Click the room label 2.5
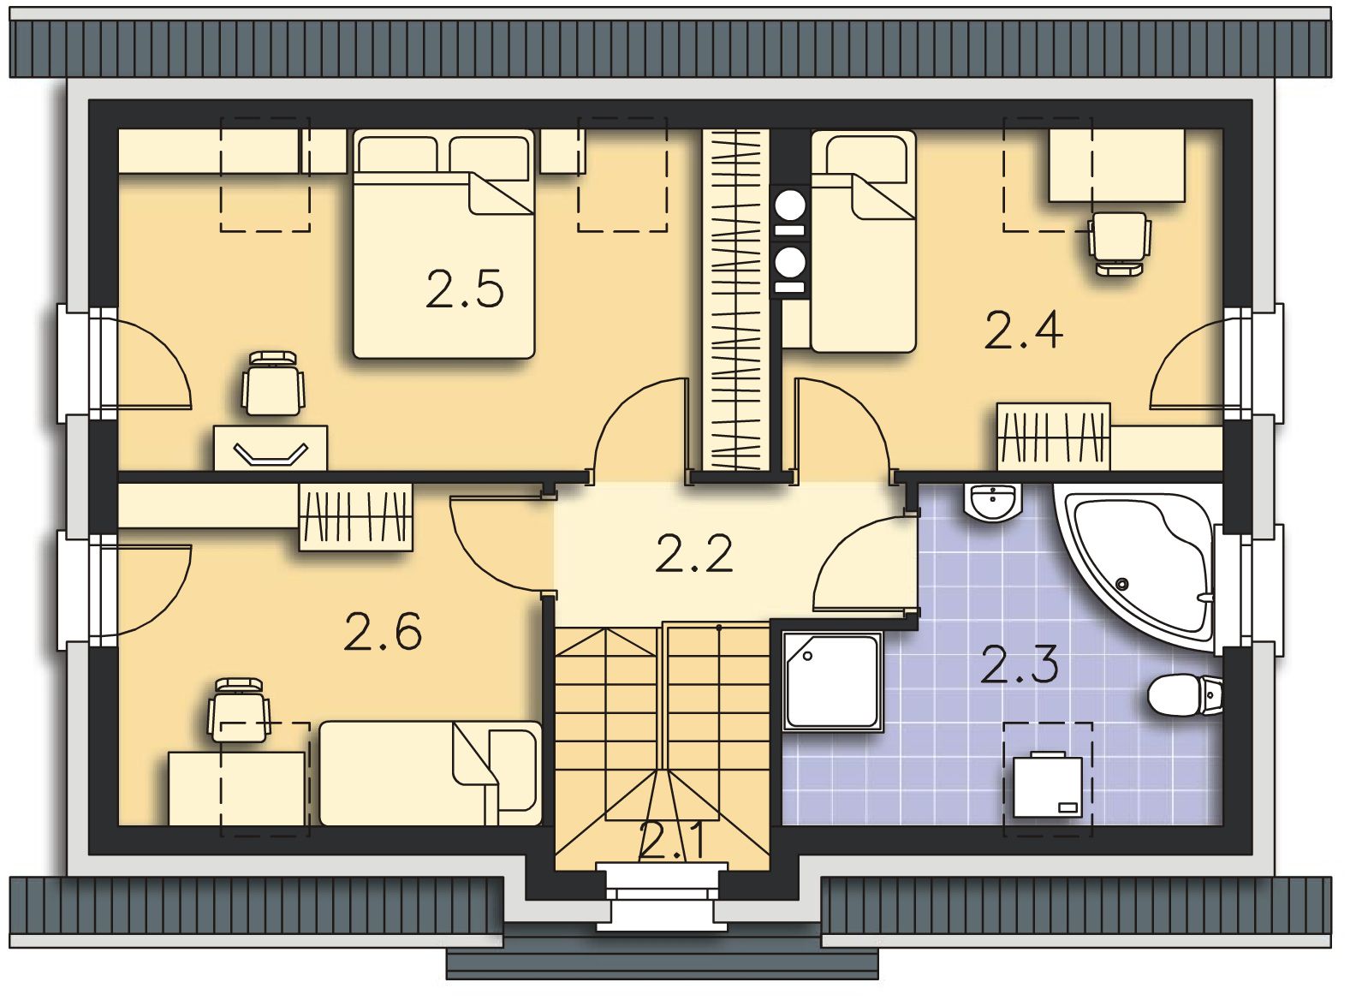[x=464, y=289]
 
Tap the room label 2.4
[x=1024, y=330]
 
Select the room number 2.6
[x=383, y=631]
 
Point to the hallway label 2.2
[x=694, y=553]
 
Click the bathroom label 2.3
[x=1020, y=664]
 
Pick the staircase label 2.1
[x=673, y=842]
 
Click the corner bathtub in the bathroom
[x=1138, y=566]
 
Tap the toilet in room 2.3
[x=1185, y=695]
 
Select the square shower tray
[x=833, y=682]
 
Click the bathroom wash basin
[x=993, y=502]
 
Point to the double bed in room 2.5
[x=443, y=244]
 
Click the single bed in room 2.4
[x=863, y=241]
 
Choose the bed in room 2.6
[x=431, y=773]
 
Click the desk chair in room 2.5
[x=273, y=384]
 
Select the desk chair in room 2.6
[x=239, y=710]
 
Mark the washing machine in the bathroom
[x=1047, y=785]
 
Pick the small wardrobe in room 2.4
[x=1054, y=437]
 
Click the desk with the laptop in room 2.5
[x=271, y=448]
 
